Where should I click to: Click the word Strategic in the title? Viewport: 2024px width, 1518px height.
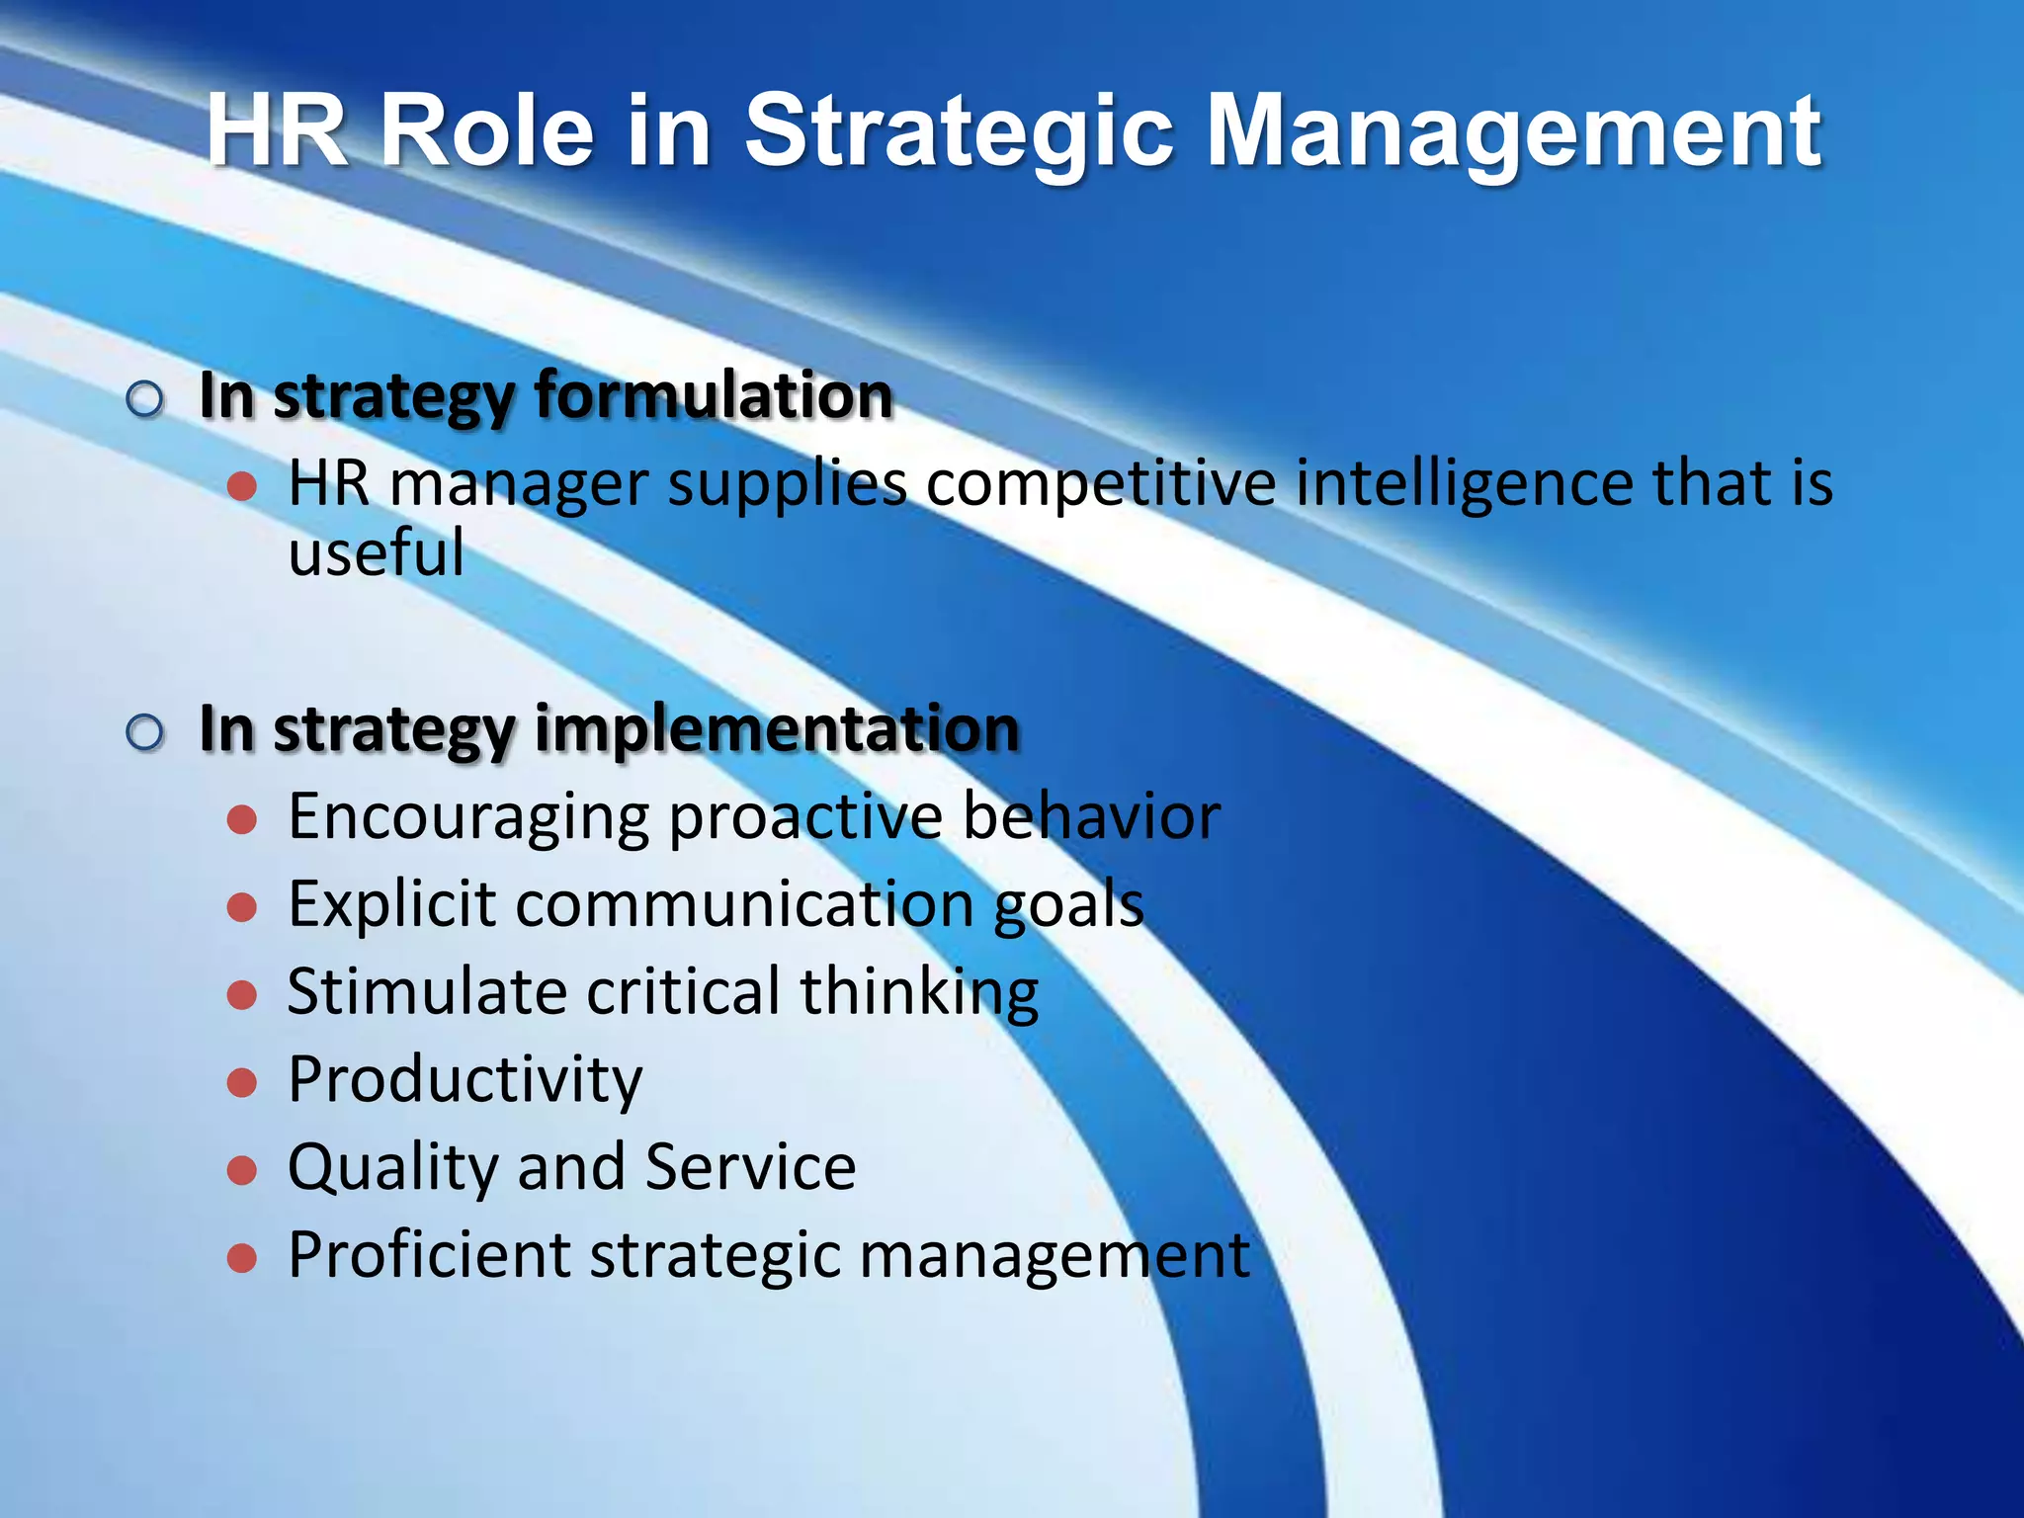pyautogui.click(x=959, y=131)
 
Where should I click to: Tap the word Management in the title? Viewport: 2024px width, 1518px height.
pyautogui.click(x=1514, y=131)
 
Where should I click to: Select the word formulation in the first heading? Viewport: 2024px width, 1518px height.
pyautogui.click(x=714, y=395)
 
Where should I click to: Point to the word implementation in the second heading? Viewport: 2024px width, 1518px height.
pyautogui.click(x=777, y=728)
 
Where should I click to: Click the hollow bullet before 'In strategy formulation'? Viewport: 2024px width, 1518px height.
pyautogui.click(x=145, y=399)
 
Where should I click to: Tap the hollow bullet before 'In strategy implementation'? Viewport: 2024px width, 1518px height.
pyautogui.click(x=145, y=732)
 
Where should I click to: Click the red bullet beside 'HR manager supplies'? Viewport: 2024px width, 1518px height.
pyautogui.click(x=242, y=486)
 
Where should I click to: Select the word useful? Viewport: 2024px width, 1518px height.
pyautogui.click(x=376, y=551)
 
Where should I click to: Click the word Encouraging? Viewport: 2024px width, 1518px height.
pyautogui.click(x=468, y=817)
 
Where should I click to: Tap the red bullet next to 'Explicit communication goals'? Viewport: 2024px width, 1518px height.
pyautogui.click(x=242, y=907)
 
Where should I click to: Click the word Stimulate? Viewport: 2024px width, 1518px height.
pyautogui.click(x=427, y=991)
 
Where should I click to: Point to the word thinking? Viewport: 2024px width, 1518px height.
pyautogui.click(x=919, y=991)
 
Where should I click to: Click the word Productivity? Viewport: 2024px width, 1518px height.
pyautogui.click(x=464, y=1079)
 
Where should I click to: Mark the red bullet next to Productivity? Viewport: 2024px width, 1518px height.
pyautogui.click(x=242, y=1082)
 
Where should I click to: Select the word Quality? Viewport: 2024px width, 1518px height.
pyautogui.click(x=393, y=1167)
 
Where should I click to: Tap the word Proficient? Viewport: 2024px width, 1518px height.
pyautogui.click(x=429, y=1255)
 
